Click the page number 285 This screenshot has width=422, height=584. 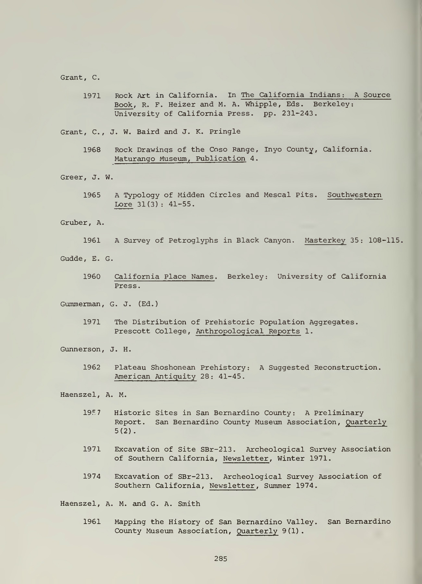(x=221, y=559)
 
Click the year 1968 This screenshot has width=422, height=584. (x=92, y=150)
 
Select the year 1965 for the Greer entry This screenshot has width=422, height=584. (x=92, y=195)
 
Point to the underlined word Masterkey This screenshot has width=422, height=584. (x=325, y=241)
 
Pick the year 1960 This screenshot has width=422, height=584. (x=92, y=277)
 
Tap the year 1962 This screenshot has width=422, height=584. (x=92, y=368)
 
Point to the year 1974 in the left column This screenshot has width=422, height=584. (x=92, y=477)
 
